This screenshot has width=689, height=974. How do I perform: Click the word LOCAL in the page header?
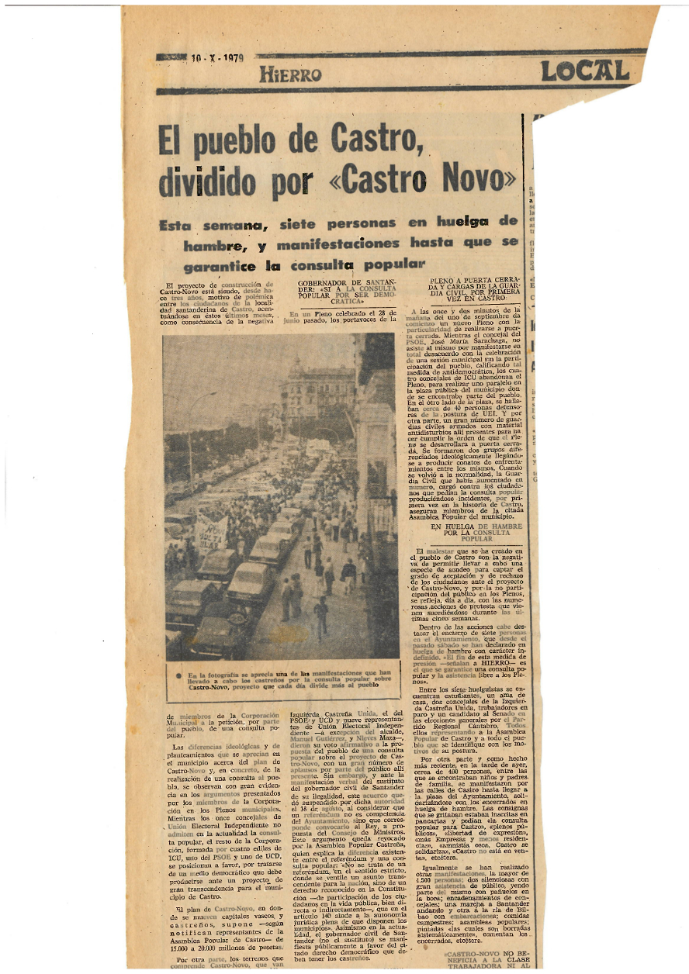click(584, 71)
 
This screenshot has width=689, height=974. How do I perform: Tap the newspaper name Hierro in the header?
click(290, 74)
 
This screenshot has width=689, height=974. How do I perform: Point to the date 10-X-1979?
click(217, 58)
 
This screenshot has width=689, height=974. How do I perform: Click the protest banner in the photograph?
click(210, 532)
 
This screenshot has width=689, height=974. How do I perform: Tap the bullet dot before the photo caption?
click(178, 675)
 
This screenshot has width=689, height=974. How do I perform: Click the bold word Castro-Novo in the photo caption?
click(209, 686)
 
